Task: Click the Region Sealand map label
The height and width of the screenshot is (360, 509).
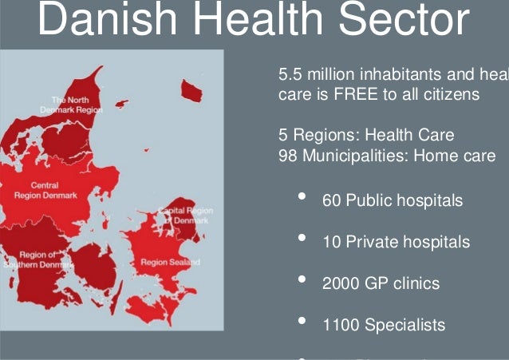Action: tap(170, 262)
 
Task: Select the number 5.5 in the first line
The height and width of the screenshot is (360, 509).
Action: tap(290, 75)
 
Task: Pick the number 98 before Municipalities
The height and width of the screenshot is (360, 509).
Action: tap(289, 155)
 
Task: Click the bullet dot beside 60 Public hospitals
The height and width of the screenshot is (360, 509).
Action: tap(302, 198)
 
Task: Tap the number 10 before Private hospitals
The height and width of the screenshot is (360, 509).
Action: tap(332, 241)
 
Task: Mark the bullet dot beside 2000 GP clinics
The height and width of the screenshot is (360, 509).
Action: tap(302, 281)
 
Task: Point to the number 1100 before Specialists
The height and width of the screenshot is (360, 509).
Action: tap(340, 325)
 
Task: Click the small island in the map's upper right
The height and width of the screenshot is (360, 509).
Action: tap(191, 89)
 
